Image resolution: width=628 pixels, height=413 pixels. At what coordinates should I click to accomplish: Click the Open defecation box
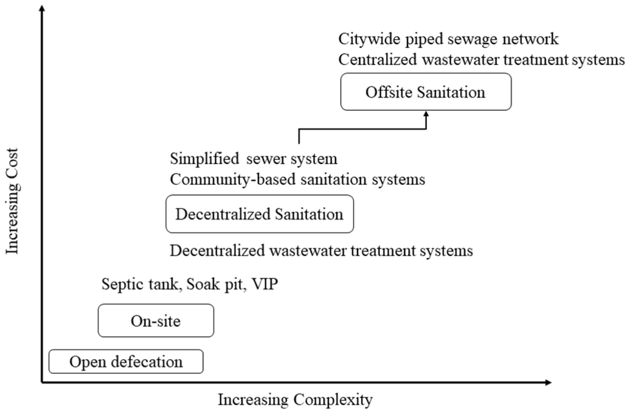click(x=126, y=362)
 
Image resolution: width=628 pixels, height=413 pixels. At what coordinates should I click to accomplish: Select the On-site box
click(x=156, y=321)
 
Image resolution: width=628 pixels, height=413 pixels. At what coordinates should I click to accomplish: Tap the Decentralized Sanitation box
click(x=260, y=214)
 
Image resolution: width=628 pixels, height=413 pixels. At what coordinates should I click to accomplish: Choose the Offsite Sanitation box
click(x=425, y=92)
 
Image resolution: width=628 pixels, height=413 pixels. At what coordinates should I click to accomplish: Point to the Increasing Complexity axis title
click(x=295, y=400)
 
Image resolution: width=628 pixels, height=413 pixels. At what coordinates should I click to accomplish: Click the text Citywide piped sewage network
click(x=448, y=39)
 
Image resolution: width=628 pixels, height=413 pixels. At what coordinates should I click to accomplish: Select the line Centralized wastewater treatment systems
click(x=481, y=60)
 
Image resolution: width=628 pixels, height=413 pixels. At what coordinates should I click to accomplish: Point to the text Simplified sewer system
click(x=253, y=159)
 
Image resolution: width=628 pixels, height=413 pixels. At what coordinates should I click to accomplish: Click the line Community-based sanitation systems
click(x=297, y=180)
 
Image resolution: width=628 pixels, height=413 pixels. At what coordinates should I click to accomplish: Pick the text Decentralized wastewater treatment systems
click(x=321, y=250)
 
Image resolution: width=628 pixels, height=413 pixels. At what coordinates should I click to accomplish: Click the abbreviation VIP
click(x=265, y=284)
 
